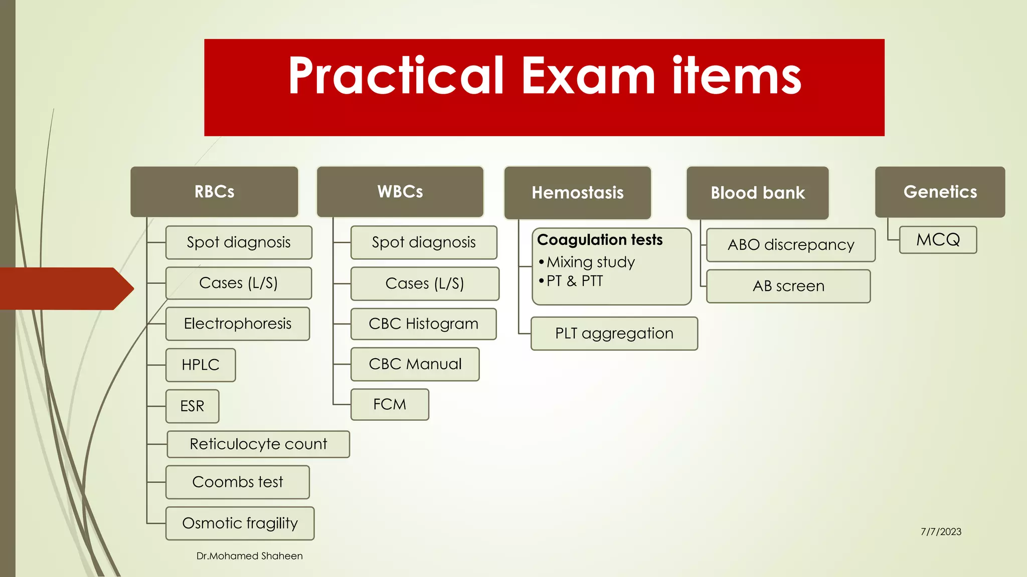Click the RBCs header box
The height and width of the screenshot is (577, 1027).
tap(214, 192)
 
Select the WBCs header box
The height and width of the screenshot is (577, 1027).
tap(400, 192)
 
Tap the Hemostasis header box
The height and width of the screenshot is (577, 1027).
tap(578, 193)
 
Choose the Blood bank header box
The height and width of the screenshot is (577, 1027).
tap(757, 193)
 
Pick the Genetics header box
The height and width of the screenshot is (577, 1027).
tap(940, 192)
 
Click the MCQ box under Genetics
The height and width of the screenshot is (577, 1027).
tap(938, 240)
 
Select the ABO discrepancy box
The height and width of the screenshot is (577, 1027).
tap(790, 245)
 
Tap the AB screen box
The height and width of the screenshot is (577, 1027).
tap(788, 286)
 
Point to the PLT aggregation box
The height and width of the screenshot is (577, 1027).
tap(614, 334)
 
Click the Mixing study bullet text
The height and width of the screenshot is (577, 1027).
tap(591, 262)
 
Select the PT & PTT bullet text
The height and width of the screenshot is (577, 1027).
tap(575, 281)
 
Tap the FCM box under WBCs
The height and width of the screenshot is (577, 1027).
tap(390, 404)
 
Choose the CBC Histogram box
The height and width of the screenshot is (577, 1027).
tap(423, 324)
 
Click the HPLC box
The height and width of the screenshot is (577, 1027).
tap(201, 365)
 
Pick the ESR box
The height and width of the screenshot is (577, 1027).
tap(192, 406)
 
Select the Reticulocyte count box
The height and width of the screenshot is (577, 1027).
tap(258, 444)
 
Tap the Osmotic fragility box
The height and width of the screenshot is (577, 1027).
tap(240, 523)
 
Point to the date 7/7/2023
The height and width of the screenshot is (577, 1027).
tap(941, 532)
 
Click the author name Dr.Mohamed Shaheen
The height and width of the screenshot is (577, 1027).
tap(249, 556)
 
